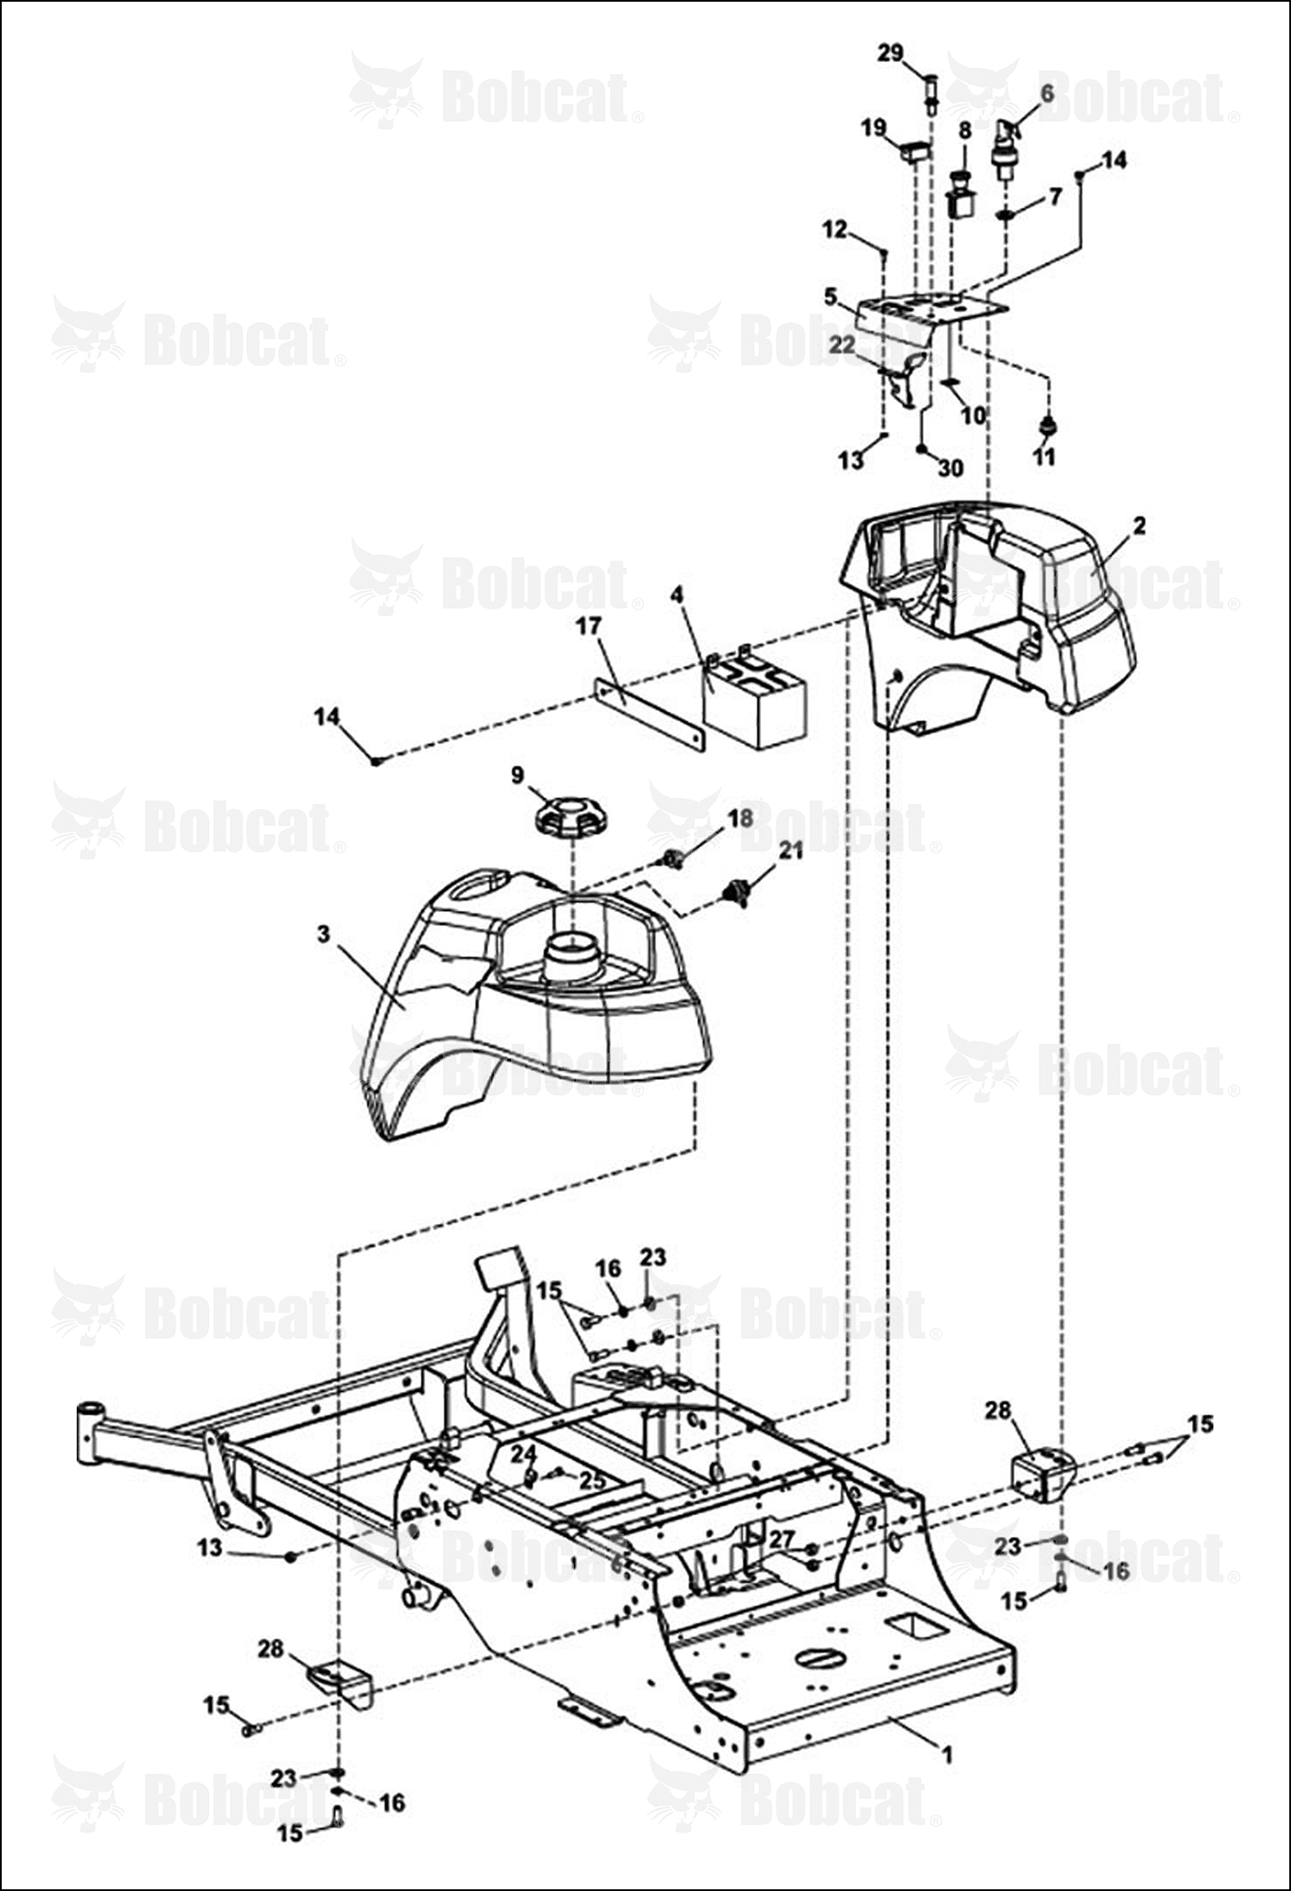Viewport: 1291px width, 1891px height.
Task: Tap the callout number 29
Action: (890, 53)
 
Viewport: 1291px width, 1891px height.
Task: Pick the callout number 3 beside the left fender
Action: (323, 935)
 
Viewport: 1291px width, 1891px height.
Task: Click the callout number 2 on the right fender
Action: (1139, 525)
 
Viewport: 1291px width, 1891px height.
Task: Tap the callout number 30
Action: (951, 468)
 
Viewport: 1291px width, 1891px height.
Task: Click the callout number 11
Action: (1044, 456)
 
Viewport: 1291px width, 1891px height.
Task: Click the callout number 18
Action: (740, 817)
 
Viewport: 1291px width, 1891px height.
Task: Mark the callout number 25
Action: (590, 1481)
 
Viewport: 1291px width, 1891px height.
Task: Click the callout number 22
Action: (842, 344)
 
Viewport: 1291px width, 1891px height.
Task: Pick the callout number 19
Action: (874, 128)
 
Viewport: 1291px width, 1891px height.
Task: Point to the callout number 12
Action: (835, 230)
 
